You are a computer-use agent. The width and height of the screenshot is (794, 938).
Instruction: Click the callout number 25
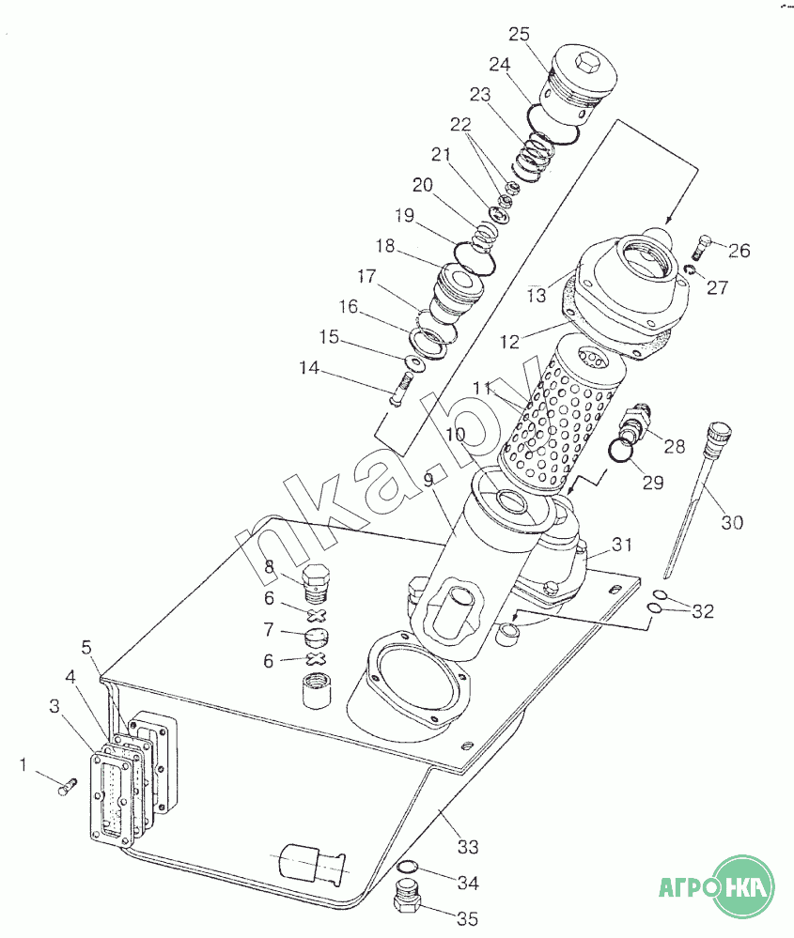[519, 34]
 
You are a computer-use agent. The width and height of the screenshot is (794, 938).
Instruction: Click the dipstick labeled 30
[696, 499]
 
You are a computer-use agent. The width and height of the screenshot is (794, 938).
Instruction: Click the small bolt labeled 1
[67, 787]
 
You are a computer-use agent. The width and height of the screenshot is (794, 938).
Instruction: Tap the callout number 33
[468, 847]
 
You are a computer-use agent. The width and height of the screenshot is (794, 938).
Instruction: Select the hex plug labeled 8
[316, 583]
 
